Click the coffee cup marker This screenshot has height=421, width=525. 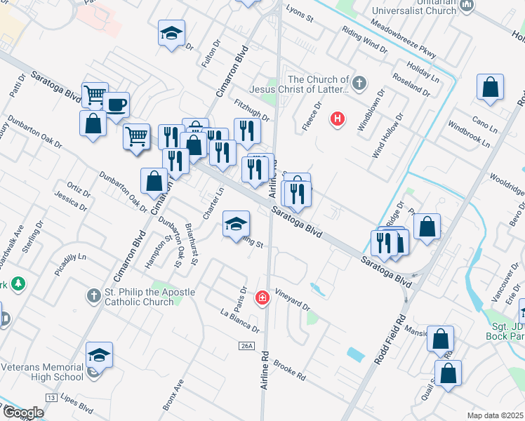click(x=116, y=105)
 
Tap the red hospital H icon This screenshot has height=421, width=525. click(x=338, y=119)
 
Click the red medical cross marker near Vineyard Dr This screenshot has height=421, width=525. click(x=262, y=298)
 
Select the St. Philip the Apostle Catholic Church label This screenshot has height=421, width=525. click(x=138, y=298)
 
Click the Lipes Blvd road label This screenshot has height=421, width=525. click(x=77, y=404)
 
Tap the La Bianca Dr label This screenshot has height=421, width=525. click(x=239, y=320)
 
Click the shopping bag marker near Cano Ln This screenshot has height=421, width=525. click(x=490, y=88)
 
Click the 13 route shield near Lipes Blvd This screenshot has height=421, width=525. click(x=51, y=398)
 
